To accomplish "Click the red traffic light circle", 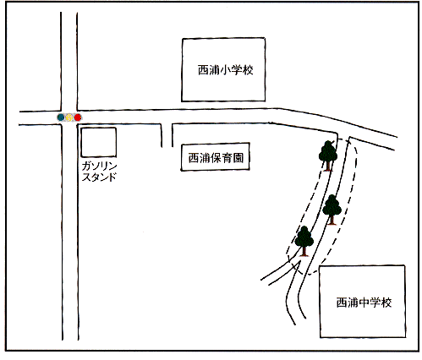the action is coord(78,117).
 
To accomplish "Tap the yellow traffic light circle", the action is coord(69,117).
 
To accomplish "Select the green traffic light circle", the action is coord(61,117).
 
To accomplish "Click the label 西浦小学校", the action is coord(225,70).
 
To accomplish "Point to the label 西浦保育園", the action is coord(216,158).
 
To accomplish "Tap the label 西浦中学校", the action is coord(364,303).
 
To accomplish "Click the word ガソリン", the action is coord(99,166).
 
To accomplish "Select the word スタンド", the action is coord(99,177).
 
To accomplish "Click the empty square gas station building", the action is coord(99,142).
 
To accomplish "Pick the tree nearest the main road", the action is coord(328,155).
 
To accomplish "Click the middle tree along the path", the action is coord(332,210).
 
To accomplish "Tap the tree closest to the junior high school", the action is coord(304,241).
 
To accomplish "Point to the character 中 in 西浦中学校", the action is coord(364,303).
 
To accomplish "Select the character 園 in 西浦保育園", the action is coord(238,158).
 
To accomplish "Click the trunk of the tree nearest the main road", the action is coord(328,166).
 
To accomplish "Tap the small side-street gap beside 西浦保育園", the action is coord(167,135).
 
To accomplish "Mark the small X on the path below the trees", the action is coord(295,265).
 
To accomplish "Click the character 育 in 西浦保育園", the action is coord(227,158).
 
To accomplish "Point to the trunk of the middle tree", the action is coord(332,220).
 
